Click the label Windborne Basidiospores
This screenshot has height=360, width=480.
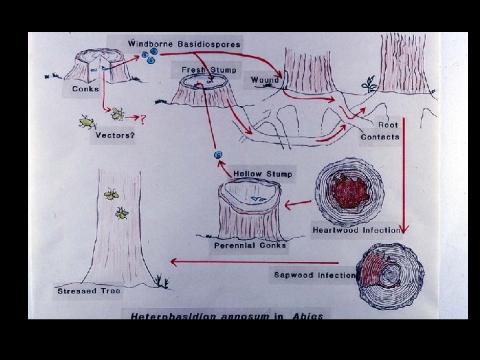(x=184, y=44)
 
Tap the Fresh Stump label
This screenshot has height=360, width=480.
(x=209, y=70)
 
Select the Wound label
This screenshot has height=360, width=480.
(x=265, y=80)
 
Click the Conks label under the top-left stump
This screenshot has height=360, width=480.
(x=85, y=89)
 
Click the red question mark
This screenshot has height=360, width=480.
(x=143, y=119)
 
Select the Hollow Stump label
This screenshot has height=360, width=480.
(x=263, y=174)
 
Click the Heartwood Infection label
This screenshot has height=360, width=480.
(x=357, y=230)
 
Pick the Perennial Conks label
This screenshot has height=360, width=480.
(x=250, y=245)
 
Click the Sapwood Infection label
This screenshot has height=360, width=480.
(x=315, y=275)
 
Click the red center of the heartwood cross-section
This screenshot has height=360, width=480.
(x=351, y=191)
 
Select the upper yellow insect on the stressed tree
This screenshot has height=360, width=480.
(x=111, y=195)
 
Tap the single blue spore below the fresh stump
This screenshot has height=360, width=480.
(x=217, y=155)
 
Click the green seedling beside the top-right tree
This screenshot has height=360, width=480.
(x=368, y=85)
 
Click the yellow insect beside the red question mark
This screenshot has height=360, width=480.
(x=118, y=114)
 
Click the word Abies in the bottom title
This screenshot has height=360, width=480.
(x=307, y=316)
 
